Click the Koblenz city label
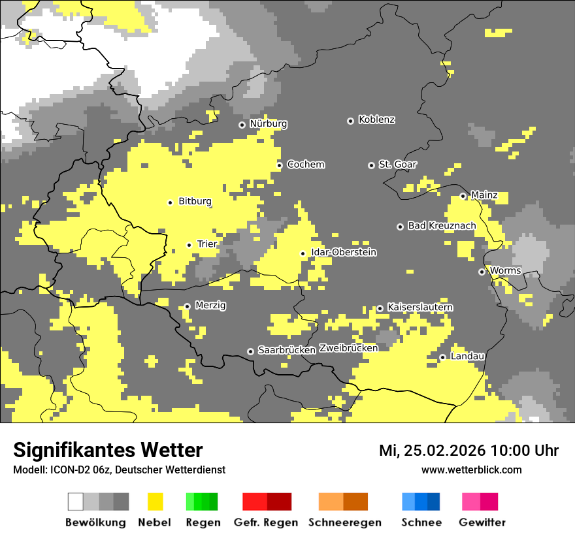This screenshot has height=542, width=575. (x=376, y=120)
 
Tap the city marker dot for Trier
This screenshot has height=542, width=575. (x=189, y=245)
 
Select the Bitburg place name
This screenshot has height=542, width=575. (x=195, y=202)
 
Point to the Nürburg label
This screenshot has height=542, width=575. (x=268, y=124)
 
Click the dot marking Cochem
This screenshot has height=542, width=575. (x=279, y=165)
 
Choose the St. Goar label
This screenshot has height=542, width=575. (x=397, y=165)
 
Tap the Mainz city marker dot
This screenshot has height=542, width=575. (x=463, y=196)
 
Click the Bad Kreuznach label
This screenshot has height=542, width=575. (x=442, y=226)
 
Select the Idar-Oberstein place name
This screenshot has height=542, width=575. (x=344, y=253)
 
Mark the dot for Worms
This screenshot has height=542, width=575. (x=482, y=272)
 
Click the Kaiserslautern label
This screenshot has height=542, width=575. (x=420, y=308)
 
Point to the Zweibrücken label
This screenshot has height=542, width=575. (x=348, y=349)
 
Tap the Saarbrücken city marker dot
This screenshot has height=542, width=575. (x=250, y=351)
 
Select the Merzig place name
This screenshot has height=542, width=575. (x=210, y=306)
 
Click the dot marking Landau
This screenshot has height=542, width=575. (x=442, y=357)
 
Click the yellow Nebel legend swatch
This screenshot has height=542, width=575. (x=155, y=502)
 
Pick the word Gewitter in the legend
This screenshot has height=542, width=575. (x=482, y=523)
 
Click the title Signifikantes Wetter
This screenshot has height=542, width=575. (x=108, y=451)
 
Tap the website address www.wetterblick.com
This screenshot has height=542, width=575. (x=471, y=470)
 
